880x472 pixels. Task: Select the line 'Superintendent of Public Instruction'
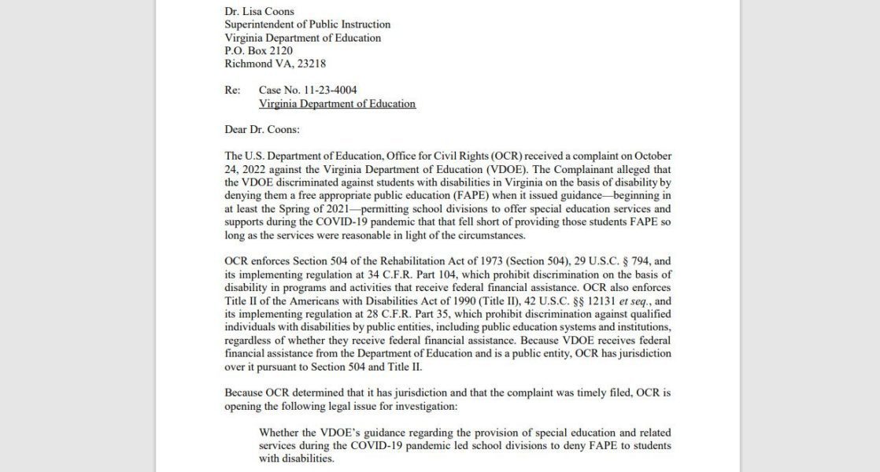tap(308, 24)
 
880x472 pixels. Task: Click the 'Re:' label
tap(232, 90)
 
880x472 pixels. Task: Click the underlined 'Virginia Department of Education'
tap(337, 104)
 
